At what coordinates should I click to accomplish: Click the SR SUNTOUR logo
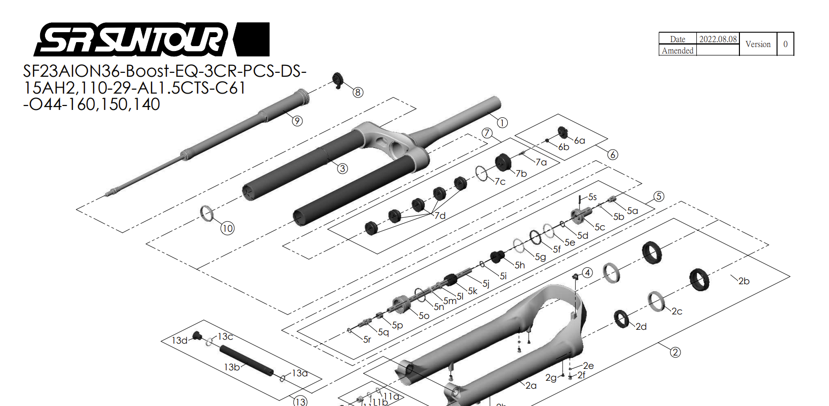tap(151, 39)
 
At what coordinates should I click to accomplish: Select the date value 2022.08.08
tap(718, 39)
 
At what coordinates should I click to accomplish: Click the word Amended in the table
tap(677, 51)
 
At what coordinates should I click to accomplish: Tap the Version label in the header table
tap(758, 44)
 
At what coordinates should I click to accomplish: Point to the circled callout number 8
tap(358, 92)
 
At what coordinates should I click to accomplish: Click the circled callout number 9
tap(297, 121)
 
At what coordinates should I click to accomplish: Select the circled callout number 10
tap(227, 228)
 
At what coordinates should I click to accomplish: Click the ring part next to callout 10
tap(207, 213)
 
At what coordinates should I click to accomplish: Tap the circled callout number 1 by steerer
tap(502, 123)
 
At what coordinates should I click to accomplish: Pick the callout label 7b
tap(521, 173)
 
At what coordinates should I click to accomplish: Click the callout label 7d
tap(440, 215)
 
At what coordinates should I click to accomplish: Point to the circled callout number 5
tap(658, 196)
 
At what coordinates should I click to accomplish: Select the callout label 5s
tap(592, 197)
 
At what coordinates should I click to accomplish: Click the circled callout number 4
tap(587, 273)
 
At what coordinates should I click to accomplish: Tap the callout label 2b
tap(744, 281)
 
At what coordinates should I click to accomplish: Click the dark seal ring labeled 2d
tap(622, 319)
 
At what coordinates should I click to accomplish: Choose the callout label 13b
tap(232, 367)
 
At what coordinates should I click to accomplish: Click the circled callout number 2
tap(675, 352)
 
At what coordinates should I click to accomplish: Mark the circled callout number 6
tap(613, 154)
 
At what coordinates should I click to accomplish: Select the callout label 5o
tap(424, 316)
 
